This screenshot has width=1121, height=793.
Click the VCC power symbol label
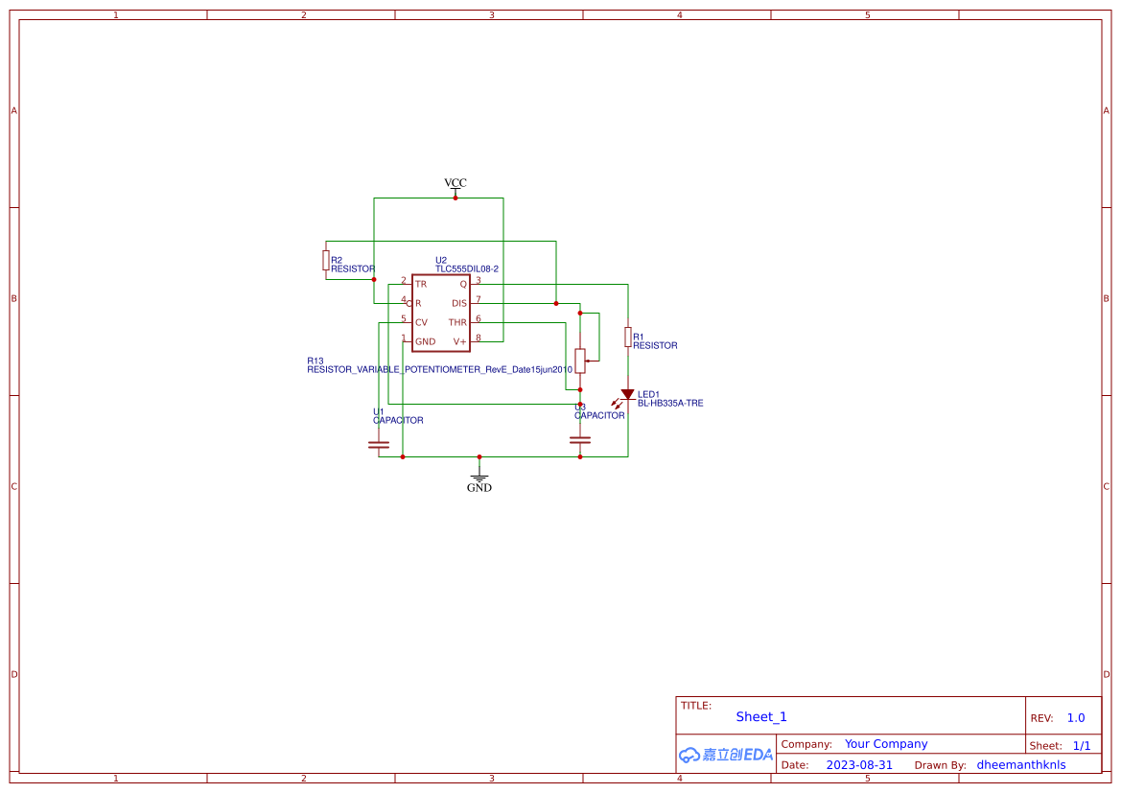(x=455, y=182)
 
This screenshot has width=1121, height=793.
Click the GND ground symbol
(x=479, y=478)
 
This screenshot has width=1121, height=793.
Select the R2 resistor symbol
(x=326, y=260)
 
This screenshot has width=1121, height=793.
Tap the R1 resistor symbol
(x=627, y=337)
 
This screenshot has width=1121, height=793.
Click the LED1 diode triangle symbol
(x=627, y=394)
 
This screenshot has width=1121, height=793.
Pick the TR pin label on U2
(x=421, y=284)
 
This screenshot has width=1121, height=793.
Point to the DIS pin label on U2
(x=459, y=303)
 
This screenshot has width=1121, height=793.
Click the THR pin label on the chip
(x=457, y=322)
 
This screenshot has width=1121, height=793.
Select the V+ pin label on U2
(x=459, y=341)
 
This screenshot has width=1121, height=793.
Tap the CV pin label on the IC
(x=421, y=322)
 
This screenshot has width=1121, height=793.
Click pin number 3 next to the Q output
(x=479, y=280)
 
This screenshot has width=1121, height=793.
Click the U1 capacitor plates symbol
(x=379, y=444)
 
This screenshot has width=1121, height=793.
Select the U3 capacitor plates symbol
(x=579, y=439)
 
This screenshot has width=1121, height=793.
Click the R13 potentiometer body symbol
(x=579, y=361)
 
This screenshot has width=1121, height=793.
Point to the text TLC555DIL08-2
(x=467, y=269)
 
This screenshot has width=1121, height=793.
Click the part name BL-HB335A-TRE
(x=670, y=404)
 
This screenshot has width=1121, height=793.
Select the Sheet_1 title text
(x=761, y=717)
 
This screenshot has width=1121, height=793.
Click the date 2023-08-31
(x=859, y=765)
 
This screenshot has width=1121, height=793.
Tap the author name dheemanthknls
(x=1020, y=765)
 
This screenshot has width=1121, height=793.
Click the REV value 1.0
(x=1076, y=718)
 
